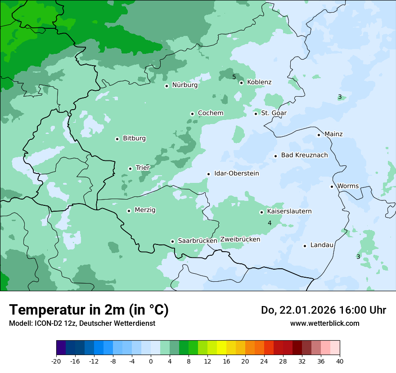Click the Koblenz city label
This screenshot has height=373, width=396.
[259, 82]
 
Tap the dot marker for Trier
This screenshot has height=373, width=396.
[130, 169]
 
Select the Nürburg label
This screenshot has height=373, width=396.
[184, 85]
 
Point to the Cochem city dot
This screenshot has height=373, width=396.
[192, 114]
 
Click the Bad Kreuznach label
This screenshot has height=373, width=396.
[304, 155]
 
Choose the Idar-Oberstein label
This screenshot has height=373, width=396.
[236, 173]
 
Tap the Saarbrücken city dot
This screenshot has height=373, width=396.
[172, 241]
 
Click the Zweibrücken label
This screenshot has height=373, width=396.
[240, 240]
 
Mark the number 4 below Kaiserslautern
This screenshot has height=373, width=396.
[270, 223]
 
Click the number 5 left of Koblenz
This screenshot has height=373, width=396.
[234, 77]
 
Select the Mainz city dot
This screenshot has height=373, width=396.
[319, 135]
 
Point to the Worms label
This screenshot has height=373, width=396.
[348, 186]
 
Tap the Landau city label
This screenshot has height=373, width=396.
[322, 245]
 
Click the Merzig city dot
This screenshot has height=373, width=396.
[129, 211]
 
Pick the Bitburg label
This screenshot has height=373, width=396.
[134, 138]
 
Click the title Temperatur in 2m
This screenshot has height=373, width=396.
[89, 310]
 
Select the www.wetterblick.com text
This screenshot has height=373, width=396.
[324, 324]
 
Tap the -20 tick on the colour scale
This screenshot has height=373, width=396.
[56, 361]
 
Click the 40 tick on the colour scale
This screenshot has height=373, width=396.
[340, 361]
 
